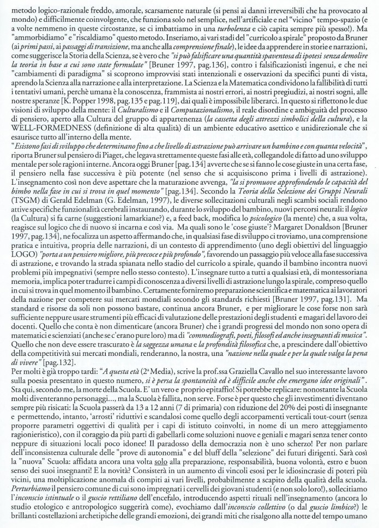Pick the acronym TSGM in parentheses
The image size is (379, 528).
coord(20,209)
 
